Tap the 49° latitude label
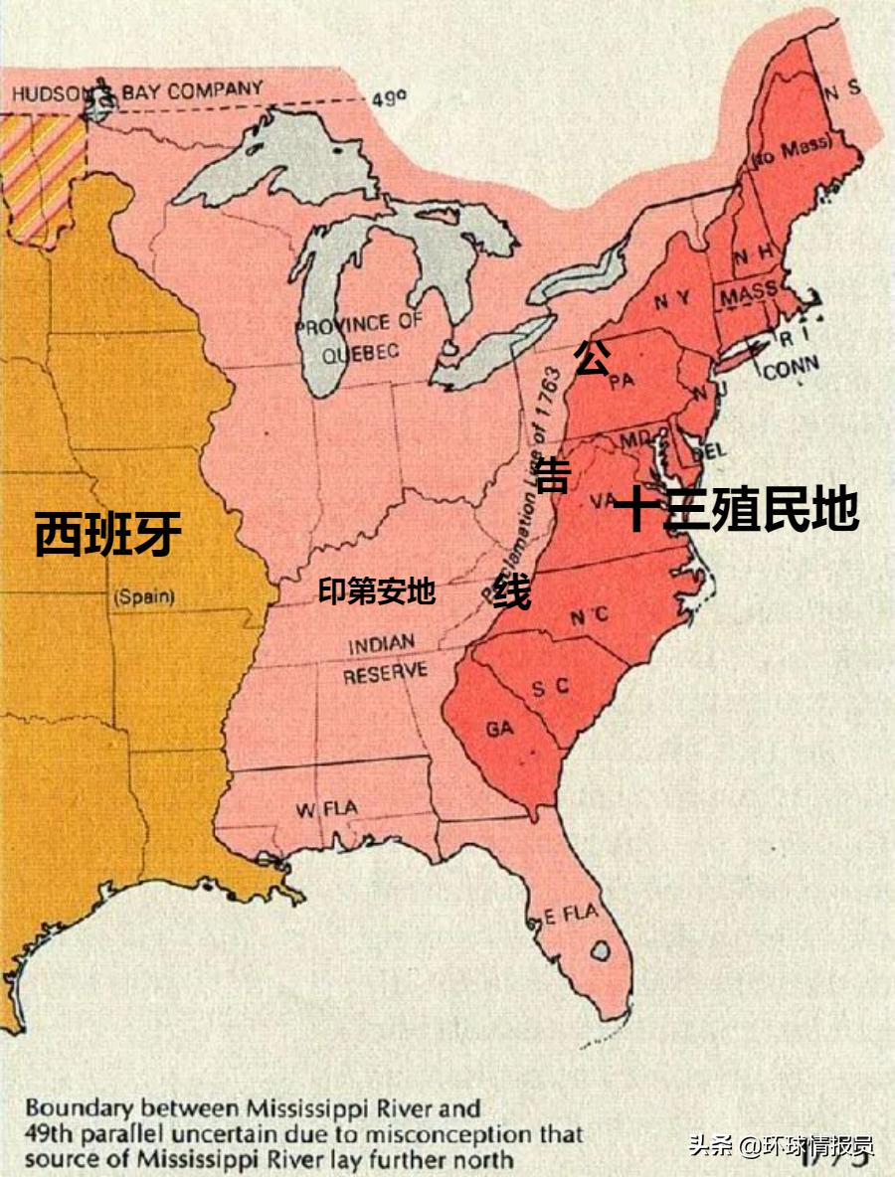(x=390, y=100)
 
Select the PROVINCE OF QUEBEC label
(x=359, y=336)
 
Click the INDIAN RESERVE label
(x=386, y=659)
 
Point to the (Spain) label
(x=144, y=597)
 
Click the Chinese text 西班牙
(x=108, y=534)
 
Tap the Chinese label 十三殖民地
(x=736, y=511)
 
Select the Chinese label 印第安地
(x=377, y=591)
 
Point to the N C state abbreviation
(x=589, y=616)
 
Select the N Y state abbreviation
(x=671, y=299)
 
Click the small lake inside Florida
(x=600, y=950)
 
